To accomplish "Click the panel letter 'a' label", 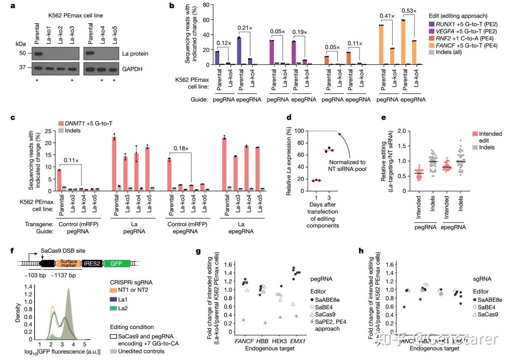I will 13,6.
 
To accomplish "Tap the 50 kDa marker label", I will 23,53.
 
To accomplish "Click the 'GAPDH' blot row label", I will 132,69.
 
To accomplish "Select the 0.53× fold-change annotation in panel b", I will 409,11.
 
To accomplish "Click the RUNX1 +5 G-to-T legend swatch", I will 431,24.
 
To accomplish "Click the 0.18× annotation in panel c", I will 181,148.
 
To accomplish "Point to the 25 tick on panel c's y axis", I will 48,131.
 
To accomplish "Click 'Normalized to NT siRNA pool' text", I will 347,165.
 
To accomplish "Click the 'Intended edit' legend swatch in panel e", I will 475,134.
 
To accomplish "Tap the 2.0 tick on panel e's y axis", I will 402,131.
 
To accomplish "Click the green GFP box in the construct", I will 116,263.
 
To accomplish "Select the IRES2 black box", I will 92,263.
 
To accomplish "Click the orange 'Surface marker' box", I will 68,263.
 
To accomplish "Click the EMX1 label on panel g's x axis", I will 298,341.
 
